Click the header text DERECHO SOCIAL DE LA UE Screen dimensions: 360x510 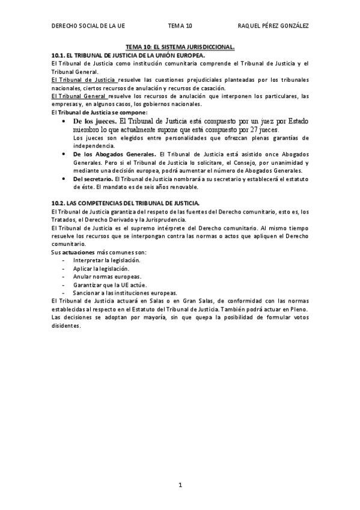tap(88, 26)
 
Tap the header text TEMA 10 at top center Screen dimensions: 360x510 tap(180, 26)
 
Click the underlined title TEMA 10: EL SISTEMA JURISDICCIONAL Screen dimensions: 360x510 tap(180, 46)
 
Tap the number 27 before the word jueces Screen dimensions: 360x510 tap(254, 130)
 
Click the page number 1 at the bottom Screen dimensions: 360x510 tap(180, 485)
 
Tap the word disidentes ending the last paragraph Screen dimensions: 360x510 tap(66, 325)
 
